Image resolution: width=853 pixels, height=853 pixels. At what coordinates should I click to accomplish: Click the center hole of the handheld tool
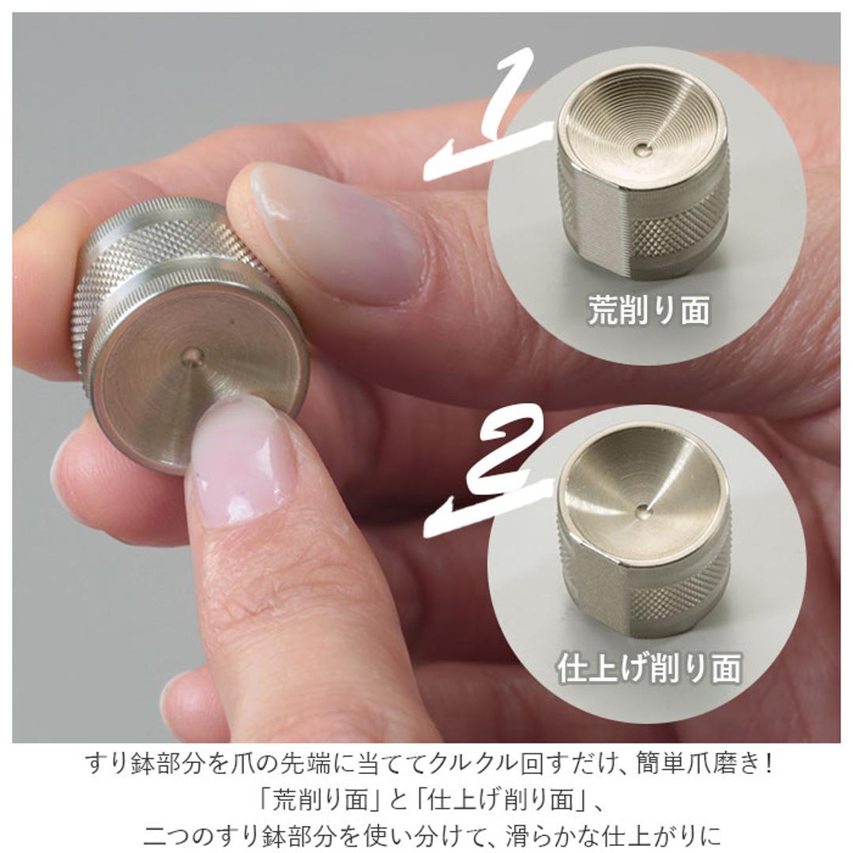tap(192, 358)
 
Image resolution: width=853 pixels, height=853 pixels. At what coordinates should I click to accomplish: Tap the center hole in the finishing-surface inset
tap(644, 509)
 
